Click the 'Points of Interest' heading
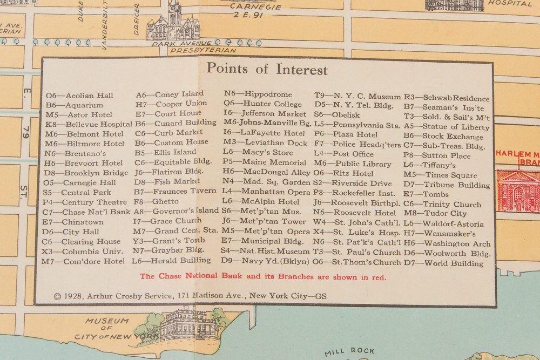[267, 70]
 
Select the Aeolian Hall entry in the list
[79, 96]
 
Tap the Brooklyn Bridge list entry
[79, 173]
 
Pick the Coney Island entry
[169, 94]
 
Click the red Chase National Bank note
[263, 277]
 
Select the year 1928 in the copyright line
[73, 296]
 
